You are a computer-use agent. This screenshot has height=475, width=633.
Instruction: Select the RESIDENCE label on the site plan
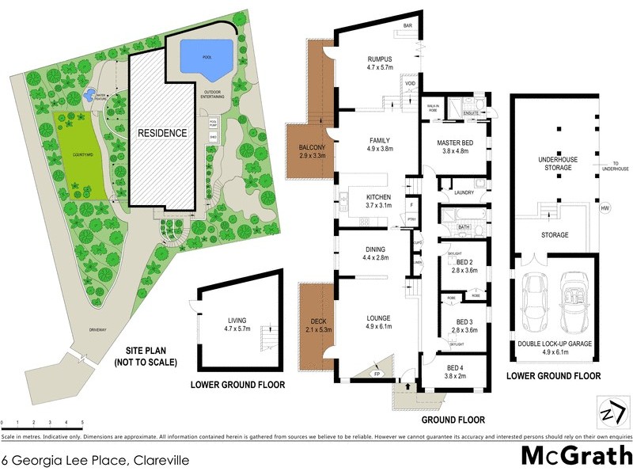pyautogui.click(x=163, y=133)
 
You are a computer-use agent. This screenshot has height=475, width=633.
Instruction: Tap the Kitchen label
pyautogui.click(x=373, y=198)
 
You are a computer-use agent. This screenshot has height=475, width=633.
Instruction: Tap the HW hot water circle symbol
pyautogui.click(x=605, y=208)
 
